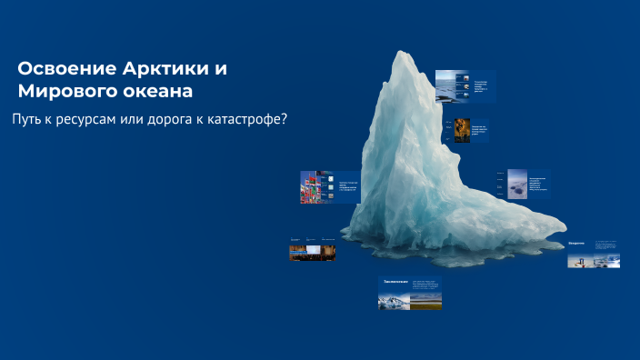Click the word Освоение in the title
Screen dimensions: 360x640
(x=66, y=69)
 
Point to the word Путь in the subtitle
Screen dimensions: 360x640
(x=28, y=120)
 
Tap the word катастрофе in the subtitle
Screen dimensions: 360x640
(x=243, y=120)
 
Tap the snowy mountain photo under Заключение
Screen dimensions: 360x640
(x=394, y=299)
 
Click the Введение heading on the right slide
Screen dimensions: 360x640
(x=577, y=244)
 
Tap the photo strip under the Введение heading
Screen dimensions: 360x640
(x=593, y=260)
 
